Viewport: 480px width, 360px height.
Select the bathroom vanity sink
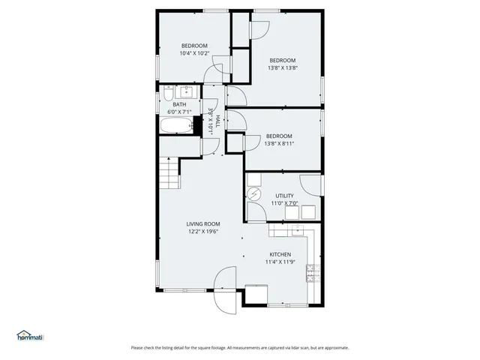(x=185, y=93)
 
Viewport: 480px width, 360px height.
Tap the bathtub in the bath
(x=177, y=125)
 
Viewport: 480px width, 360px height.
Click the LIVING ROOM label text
(x=203, y=223)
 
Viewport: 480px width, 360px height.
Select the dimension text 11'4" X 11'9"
(x=279, y=262)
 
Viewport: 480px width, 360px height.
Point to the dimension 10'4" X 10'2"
(x=194, y=53)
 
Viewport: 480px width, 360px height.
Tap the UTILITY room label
(x=284, y=196)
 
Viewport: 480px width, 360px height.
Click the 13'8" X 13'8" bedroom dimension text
(x=283, y=68)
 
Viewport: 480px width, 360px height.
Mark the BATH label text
(x=180, y=105)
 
